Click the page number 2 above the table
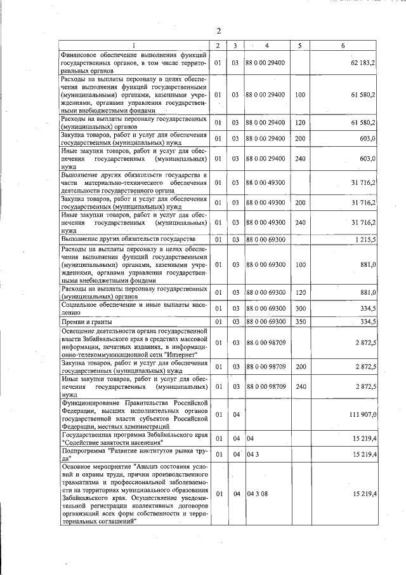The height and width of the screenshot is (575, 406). coord(218,31)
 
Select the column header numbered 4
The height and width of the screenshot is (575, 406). coord(267,46)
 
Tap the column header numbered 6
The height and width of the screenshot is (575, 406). coord(343,46)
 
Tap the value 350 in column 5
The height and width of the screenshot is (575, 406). coord(300,321)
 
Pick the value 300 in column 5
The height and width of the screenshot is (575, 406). coord(300,308)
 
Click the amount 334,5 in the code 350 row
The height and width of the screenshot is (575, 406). coord(368,321)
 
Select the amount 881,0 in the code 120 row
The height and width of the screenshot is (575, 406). coord(369,292)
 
